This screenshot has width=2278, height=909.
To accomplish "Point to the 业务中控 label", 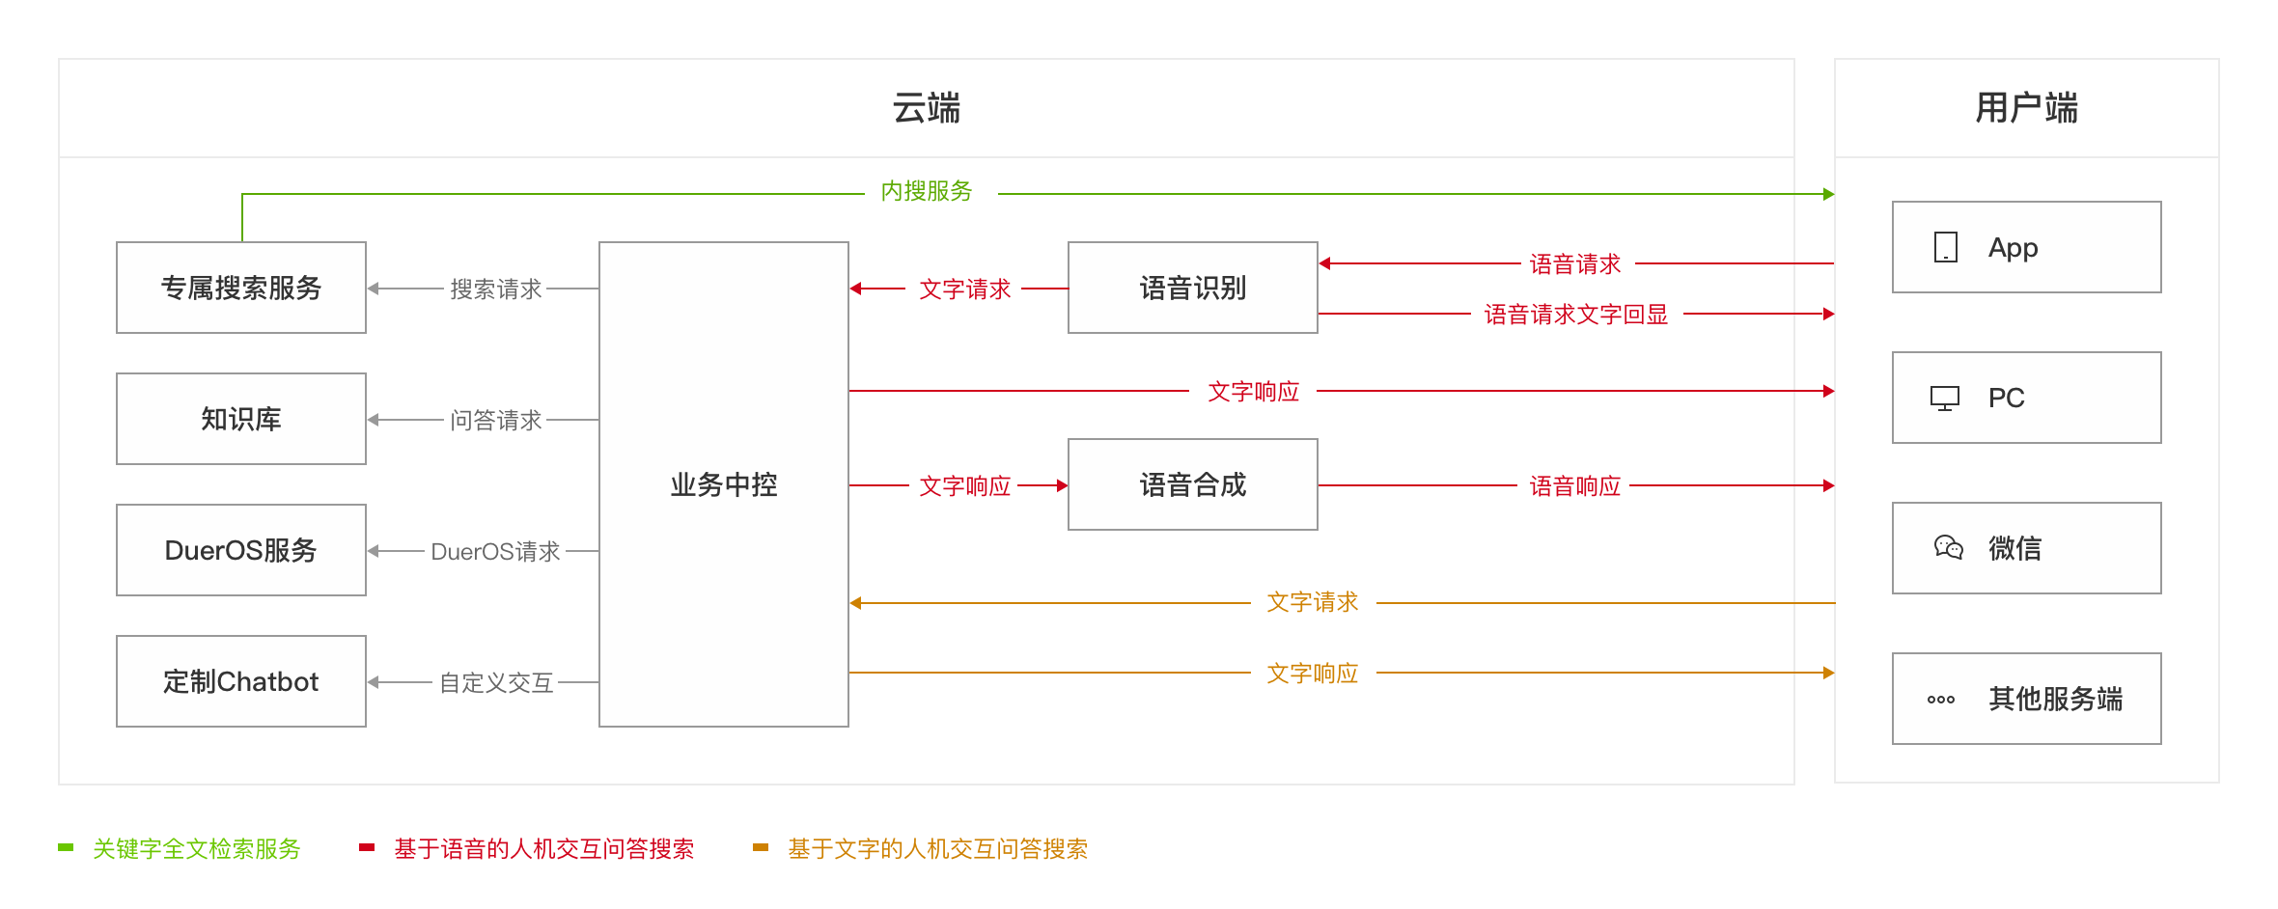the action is click(x=724, y=484).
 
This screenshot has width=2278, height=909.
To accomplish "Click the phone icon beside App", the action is click(x=1946, y=247).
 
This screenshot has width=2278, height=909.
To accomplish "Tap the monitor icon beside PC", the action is click(x=1945, y=398).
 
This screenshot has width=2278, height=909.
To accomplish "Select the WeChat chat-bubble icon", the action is click(x=1948, y=548).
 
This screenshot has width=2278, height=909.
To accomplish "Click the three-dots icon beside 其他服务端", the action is click(x=1941, y=700).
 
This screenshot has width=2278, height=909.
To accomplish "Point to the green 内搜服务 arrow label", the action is click(x=927, y=191).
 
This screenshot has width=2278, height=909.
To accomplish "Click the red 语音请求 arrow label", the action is click(x=1575, y=263).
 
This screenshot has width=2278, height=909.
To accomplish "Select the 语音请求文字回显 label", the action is click(x=1576, y=314).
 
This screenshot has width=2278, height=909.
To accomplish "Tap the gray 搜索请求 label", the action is click(x=496, y=289).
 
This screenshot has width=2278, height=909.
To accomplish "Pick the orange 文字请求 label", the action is click(x=1313, y=602).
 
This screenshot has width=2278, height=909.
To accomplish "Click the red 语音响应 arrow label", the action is click(x=1575, y=485).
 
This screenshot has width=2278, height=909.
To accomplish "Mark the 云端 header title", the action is click(x=927, y=108).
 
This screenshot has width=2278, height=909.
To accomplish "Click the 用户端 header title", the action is click(x=2027, y=108).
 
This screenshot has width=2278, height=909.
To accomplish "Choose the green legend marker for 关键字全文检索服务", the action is click(x=66, y=847).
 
